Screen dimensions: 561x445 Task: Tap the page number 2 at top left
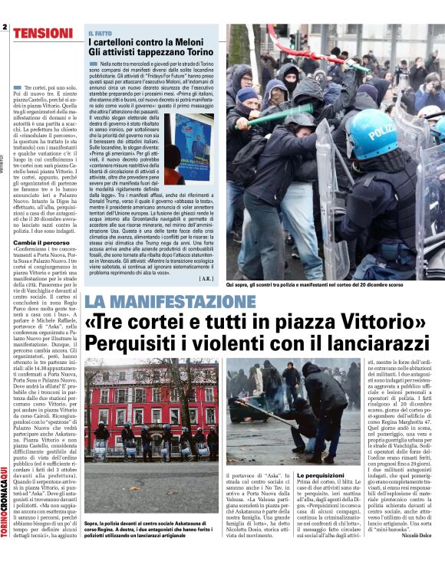[5, 27]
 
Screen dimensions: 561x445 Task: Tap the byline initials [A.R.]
[206, 279]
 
